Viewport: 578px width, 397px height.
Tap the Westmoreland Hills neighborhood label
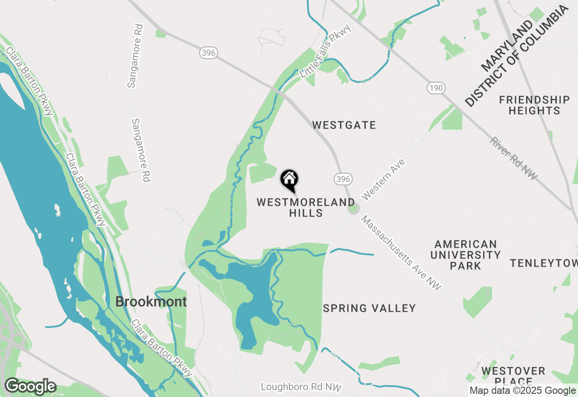pos(306,208)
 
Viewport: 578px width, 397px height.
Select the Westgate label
pos(344,125)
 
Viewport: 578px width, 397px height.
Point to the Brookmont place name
pos(151,302)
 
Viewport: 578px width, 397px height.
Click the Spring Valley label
pos(369,308)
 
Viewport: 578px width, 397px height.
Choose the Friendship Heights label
pos(534,105)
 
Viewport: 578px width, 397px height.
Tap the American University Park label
pos(466,255)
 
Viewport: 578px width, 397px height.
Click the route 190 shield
pos(437,88)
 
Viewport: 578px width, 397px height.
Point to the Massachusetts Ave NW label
pos(401,253)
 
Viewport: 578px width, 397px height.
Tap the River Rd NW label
pos(514,158)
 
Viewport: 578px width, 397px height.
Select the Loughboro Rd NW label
pos(301,387)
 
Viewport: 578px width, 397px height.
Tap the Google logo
pos(30,387)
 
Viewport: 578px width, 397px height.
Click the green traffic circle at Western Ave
pos(353,209)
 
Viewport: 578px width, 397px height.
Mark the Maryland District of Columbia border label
pos(516,56)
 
